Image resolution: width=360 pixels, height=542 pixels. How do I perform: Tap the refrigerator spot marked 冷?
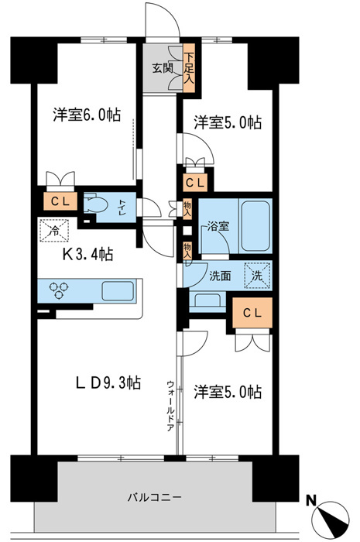pyautogui.click(x=54, y=229)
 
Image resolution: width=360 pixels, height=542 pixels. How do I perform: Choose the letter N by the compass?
pyautogui.click(x=310, y=499)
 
